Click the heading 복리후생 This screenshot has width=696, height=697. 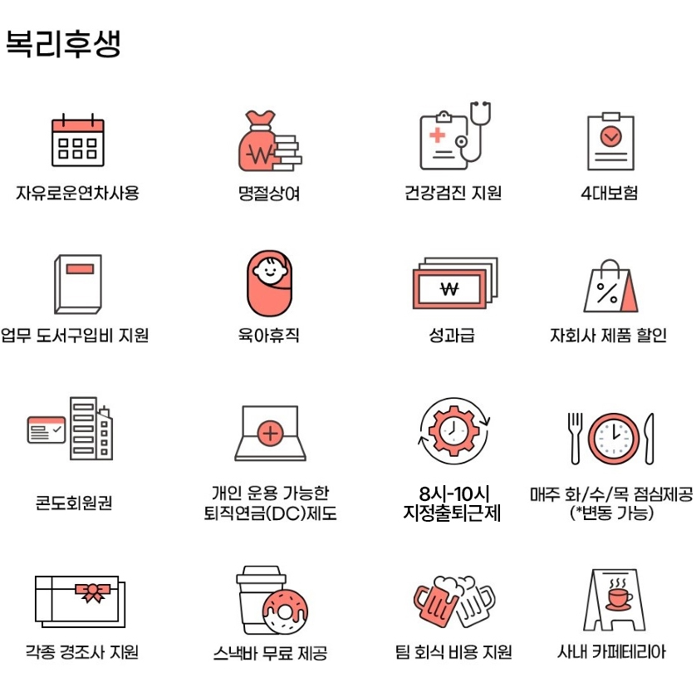point(63,43)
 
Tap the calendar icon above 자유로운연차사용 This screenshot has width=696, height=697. point(78,140)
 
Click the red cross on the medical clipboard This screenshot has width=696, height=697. point(438,135)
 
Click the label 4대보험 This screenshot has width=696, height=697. point(610,193)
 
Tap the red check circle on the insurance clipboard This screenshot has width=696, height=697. point(611,136)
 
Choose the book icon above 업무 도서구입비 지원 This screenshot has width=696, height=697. point(78,284)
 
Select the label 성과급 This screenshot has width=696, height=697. point(452,335)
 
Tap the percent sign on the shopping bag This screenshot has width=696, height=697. point(607,293)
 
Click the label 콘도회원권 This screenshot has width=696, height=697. point(74,503)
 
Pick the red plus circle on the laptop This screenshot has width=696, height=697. point(270,433)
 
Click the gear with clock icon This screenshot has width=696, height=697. point(453,430)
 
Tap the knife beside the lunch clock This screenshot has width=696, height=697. point(649,439)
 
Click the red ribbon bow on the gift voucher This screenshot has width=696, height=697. point(92,592)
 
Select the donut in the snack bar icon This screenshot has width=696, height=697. point(285,611)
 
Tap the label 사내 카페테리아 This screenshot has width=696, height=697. point(611,652)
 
